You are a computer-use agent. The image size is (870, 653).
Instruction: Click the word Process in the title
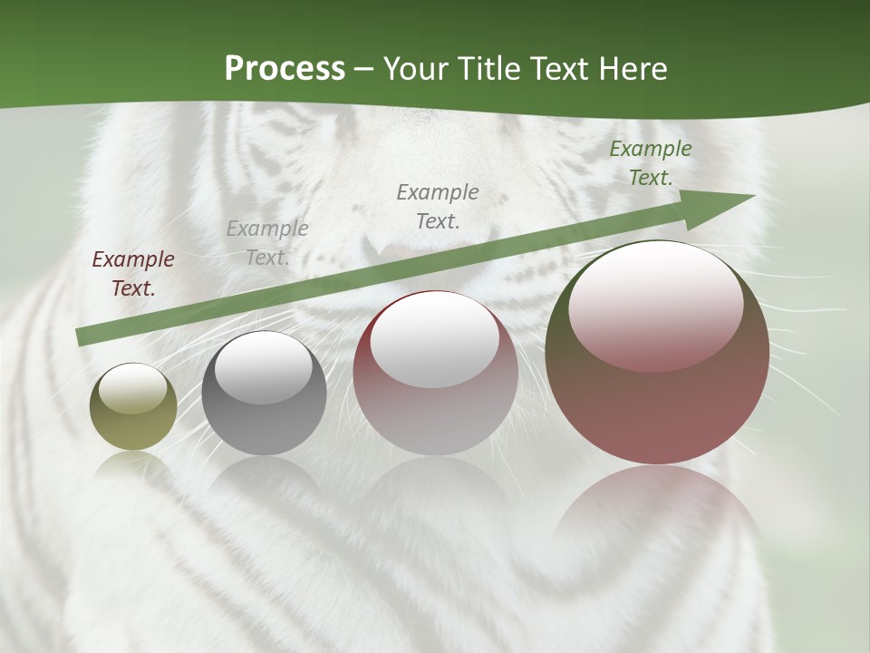click(x=285, y=69)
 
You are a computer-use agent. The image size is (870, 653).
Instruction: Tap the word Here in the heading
click(x=633, y=69)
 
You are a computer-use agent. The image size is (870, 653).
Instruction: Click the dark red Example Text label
click(x=133, y=274)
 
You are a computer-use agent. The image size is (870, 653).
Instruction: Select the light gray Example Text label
click(x=267, y=243)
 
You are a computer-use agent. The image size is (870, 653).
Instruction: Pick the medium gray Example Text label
click(x=438, y=206)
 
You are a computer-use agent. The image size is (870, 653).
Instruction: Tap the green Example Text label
click(x=651, y=163)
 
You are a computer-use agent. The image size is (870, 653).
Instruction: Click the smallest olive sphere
click(x=133, y=407)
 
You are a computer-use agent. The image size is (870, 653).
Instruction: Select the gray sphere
click(x=264, y=394)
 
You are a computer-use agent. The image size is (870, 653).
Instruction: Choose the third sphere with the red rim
click(x=436, y=373)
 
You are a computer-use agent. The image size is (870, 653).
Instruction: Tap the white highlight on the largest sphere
click(x=655, y=304)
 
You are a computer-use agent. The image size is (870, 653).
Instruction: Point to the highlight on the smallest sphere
click(x=133, y=388)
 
